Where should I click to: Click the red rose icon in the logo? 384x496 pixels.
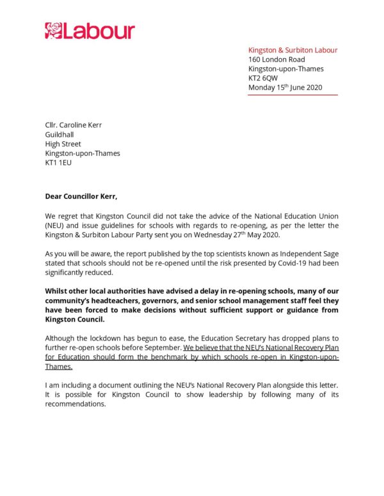click(x=53, y=30)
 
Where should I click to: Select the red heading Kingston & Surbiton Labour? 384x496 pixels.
click(x=292, y=50)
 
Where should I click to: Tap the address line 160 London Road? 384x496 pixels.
click(x=277, y=59)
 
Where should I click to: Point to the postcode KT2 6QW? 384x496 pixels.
click(x=263, y=78)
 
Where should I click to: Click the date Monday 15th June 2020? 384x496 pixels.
click(x=285, y=88)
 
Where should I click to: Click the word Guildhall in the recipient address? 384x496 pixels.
click(x=60, y=135)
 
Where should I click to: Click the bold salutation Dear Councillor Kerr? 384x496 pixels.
click(x=81, y=196)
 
